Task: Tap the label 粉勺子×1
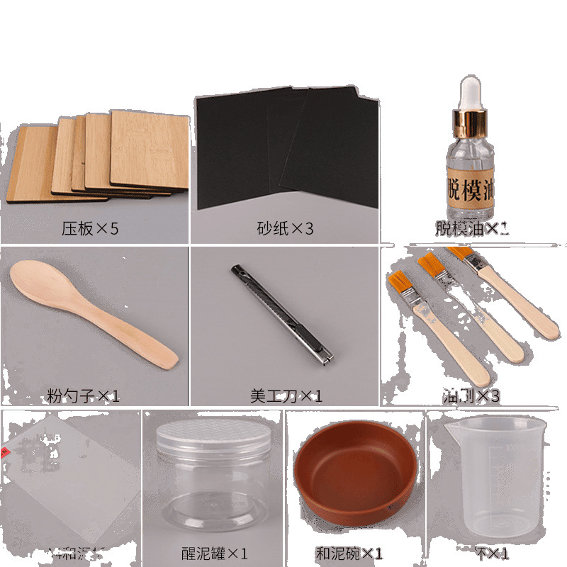click(x=84, y=395)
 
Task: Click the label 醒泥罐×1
click(x=213, y=554)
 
